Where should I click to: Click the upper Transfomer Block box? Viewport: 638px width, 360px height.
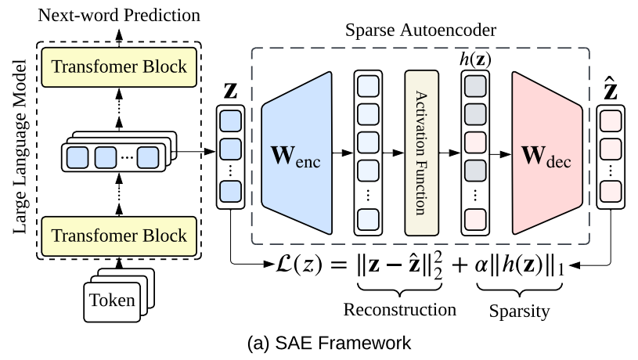pyautogui.click(x=120, y=66)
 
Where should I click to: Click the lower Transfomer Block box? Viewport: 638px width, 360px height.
pyautogui.click(x=120, y=234)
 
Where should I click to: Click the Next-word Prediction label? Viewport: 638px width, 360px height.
pyautogui.click(x=119, y=15)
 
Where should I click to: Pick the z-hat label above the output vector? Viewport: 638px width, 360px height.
pyautogui.click(x=612, y=89)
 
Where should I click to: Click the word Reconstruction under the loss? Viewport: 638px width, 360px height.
pyautogui.click(x=400, y=309)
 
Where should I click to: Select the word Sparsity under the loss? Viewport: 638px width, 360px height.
pyautogui.click(x=519, y=311)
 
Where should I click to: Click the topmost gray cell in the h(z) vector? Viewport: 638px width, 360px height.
pyautogui.click(x=475, y=85)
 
